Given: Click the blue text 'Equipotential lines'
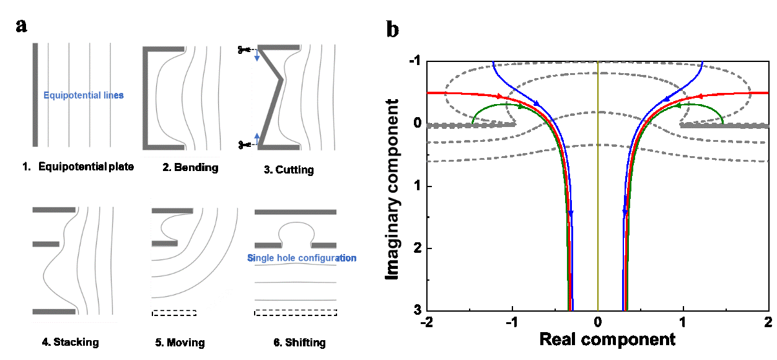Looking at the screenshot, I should click(x=84, y=95).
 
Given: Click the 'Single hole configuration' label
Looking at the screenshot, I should click(x=302, y=258).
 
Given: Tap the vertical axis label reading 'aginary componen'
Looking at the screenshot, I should click(x=390, y=180).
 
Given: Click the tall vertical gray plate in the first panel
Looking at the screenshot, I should click(x=35, y=94).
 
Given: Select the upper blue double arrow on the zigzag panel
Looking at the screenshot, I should click(x=257, y=56).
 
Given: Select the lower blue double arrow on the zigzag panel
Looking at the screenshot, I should click(x=257, y=138).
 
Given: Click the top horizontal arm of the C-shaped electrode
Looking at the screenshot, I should click(x=165, y=48).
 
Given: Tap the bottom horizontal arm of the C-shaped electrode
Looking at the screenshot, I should click(x=165, y=147).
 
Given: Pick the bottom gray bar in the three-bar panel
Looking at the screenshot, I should click(x=54, y=311).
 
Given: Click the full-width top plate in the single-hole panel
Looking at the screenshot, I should click(x=296, y=212).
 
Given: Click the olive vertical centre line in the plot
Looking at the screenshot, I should click(x=598, y=186).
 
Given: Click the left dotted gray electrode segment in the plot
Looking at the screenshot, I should click(x=471, y=125).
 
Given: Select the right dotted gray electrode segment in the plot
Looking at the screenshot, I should click(x=725, y=125).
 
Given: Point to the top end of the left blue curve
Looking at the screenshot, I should click(x=493, y=63).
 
